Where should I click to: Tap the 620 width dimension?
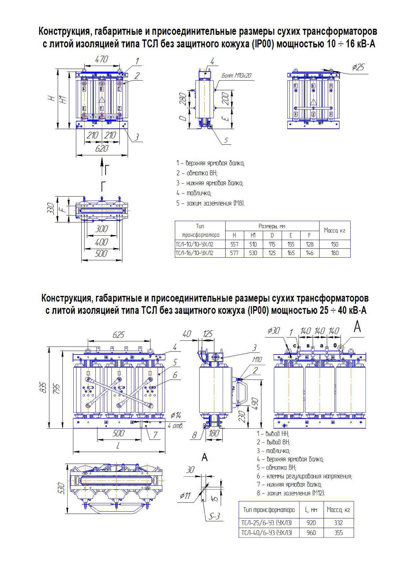(x=102, y=149)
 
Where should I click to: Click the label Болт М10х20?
(x=236, y=75)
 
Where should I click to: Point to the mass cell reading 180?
(x=335, y=253)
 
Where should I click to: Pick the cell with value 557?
(x=234, y=244)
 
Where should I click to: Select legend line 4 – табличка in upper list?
(x=194, y=193)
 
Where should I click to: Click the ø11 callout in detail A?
(x=185, y=495)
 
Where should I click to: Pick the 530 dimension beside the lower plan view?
(x=61, y=489)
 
